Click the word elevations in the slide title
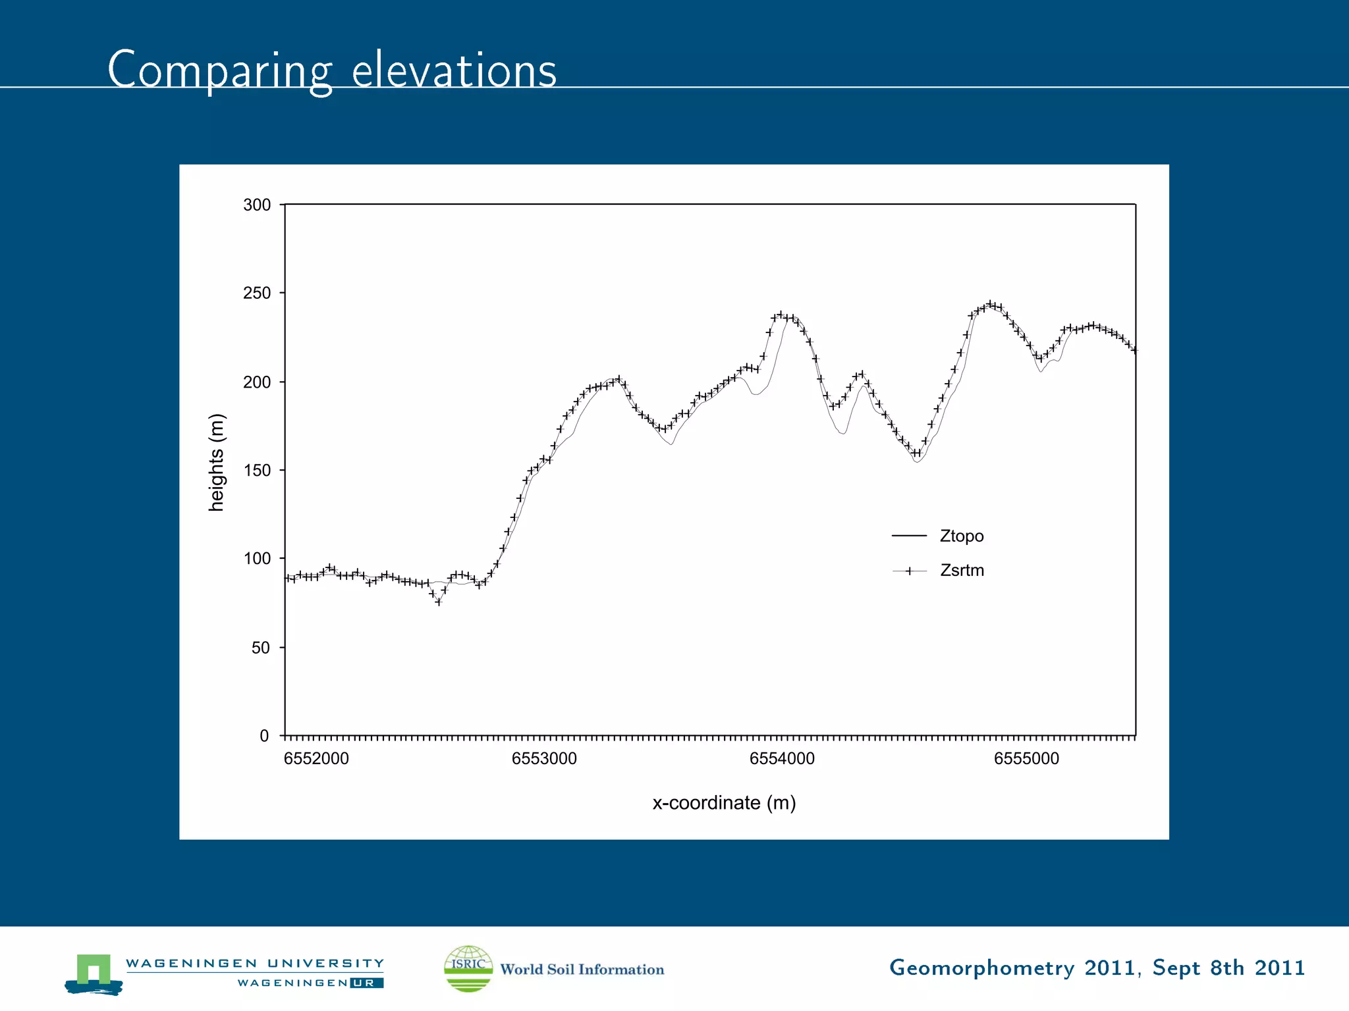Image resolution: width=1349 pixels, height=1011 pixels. [x=454, y=70]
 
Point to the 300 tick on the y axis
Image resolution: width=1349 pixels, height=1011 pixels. [x=257, y=205]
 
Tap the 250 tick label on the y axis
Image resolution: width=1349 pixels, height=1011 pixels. [x=257, y=293]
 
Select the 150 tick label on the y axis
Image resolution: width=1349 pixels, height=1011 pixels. [x=257, y=470]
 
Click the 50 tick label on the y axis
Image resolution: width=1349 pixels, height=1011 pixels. [x=261, y=647]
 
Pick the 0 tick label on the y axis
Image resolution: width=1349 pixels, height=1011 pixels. [x=265, y=736]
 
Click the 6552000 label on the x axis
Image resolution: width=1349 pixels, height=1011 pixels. [x=316, y=759]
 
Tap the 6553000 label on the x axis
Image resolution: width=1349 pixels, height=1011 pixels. [x=544, y=759]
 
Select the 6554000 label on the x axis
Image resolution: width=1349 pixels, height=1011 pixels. [x=782, y=759]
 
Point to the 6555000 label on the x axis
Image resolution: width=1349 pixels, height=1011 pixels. [x=1026, y=759]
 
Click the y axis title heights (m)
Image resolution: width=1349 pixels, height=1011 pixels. [x=217, y=462]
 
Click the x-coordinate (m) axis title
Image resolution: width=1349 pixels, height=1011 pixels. [x=724, y=803]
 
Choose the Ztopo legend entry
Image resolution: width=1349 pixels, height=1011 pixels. [x=961, y=536]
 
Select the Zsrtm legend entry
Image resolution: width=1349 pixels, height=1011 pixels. [x=962, y=570]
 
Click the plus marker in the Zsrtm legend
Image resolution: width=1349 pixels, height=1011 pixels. [x=909, y=571]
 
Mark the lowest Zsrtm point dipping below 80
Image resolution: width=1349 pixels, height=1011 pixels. [x=439, y=602]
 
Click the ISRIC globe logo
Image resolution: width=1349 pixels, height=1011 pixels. [x=468, y=968]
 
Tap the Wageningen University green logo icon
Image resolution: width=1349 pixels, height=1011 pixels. [x=94, y=973]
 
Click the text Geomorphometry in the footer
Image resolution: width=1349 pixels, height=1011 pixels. [x=981, y=968]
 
